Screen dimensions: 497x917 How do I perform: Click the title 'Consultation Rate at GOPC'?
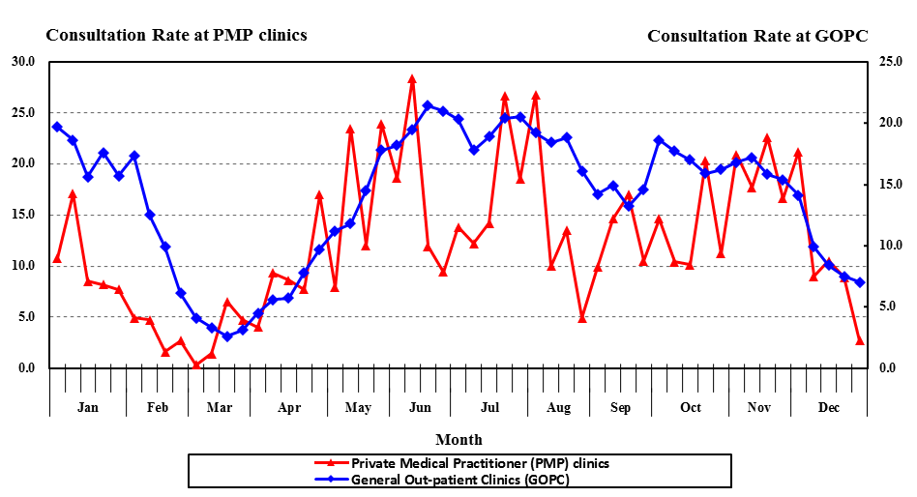point(757,36)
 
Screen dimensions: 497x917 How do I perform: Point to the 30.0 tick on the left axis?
point(21,62)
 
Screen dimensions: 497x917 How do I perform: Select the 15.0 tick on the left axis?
point(21,215)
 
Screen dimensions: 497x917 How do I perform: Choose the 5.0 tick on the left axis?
point(24,317)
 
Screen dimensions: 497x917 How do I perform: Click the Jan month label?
point(87,407)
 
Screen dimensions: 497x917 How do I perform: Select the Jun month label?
point(420,407)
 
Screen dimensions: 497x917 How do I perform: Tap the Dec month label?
point(829,407)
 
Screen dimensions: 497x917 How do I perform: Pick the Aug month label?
point(558,407)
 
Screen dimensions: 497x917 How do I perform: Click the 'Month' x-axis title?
point(458,440)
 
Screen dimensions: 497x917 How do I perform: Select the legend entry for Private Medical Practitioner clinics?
point(480,463)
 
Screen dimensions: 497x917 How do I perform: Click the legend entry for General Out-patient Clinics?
point(459,479)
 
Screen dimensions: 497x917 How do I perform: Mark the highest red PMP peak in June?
point(412,79)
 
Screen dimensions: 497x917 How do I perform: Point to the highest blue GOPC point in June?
point(428,105)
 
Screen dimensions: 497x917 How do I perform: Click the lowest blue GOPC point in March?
point(227,336)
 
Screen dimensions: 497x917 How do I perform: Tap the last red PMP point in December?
point(860,340)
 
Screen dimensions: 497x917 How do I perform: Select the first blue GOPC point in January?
point(57,127)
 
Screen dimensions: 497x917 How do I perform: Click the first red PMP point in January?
point(57,258)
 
